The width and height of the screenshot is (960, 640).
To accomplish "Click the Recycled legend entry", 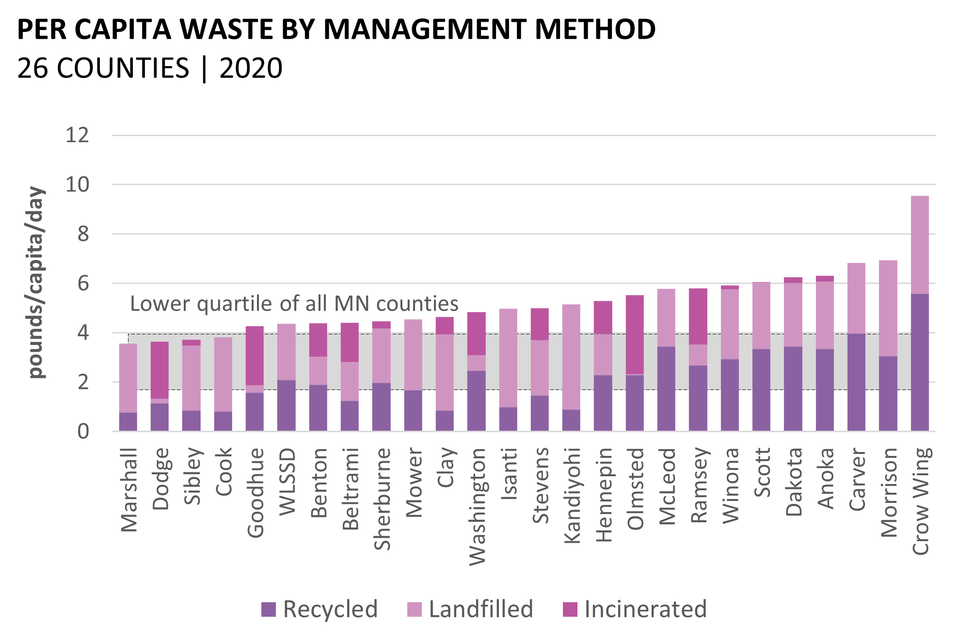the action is coord(320,609).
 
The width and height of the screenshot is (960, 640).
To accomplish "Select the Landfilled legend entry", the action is coord(470,609).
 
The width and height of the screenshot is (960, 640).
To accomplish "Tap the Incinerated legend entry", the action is coord(635,609).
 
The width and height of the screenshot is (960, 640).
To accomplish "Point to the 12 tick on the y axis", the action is coord(78,135).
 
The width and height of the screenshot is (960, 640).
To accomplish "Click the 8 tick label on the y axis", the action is coord(83,234).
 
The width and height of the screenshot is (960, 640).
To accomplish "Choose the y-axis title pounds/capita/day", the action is coord(36,282).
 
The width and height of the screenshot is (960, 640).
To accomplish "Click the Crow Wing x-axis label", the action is coord(920,501).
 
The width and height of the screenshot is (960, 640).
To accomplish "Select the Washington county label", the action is coord(477,506).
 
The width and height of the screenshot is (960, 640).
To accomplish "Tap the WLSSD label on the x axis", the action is coord(287,482).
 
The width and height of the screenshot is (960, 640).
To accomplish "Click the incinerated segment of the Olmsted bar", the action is coord(635,335).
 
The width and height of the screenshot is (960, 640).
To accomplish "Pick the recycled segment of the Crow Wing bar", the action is coord(920,362).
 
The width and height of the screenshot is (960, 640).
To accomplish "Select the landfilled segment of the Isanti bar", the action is coord(508,358).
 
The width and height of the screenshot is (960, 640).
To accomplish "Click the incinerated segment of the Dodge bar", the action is coord(160,370).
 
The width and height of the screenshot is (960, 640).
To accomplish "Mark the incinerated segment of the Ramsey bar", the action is coord(698,316).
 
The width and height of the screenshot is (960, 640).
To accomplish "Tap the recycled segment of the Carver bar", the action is coord(856,382).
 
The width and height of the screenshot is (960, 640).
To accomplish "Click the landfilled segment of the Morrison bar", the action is coord(888,309).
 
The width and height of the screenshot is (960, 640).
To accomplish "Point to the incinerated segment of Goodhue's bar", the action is coord(255,356).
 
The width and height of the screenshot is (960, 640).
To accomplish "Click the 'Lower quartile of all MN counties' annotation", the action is coord(294,304).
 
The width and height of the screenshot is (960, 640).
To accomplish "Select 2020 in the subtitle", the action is coord(251,68).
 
